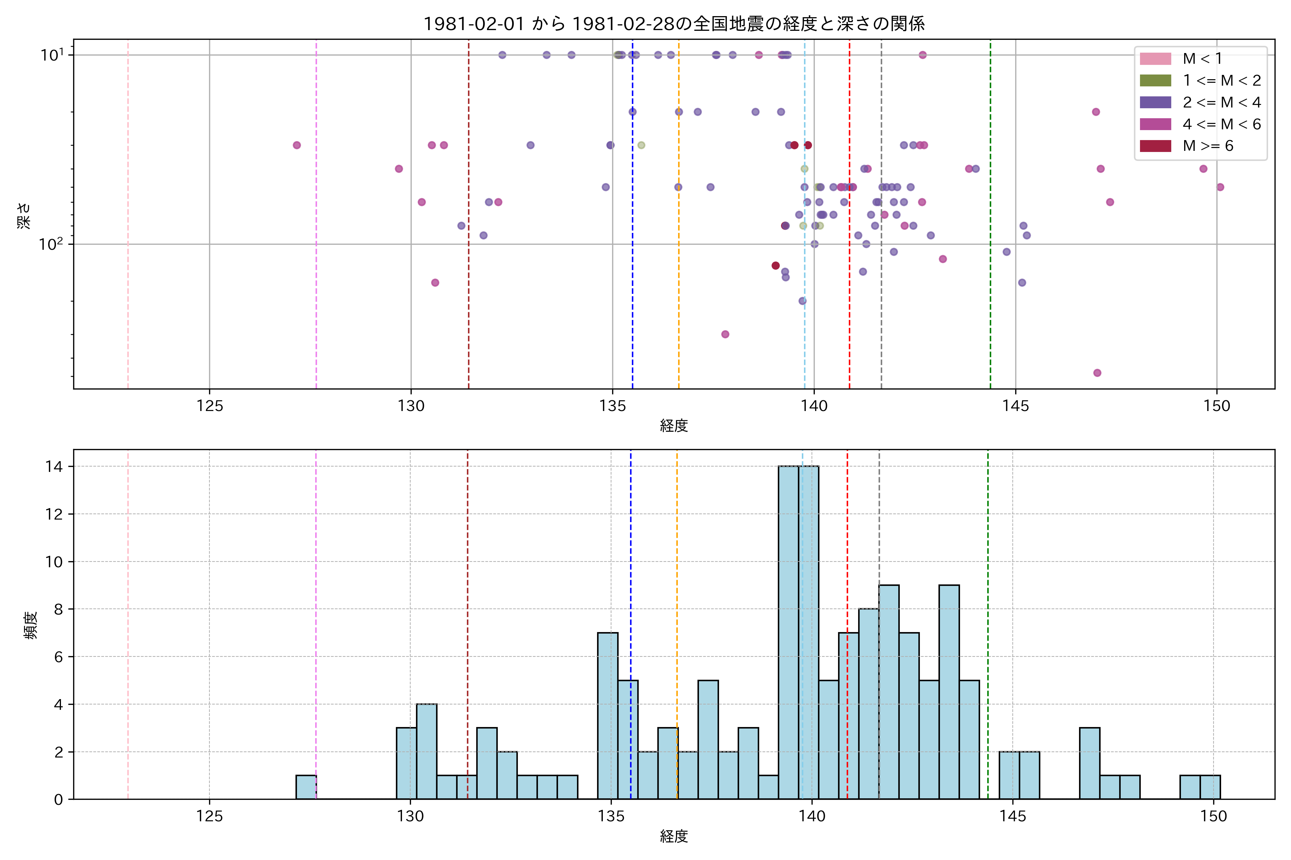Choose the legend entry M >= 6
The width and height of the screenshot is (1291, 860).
[1207, 146]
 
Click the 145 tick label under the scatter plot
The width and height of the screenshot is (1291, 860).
[1016, 406]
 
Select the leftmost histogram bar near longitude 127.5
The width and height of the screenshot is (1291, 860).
[306, 788]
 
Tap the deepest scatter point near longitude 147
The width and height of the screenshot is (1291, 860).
[1097, 373]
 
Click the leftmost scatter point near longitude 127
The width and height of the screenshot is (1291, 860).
[297, 145]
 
